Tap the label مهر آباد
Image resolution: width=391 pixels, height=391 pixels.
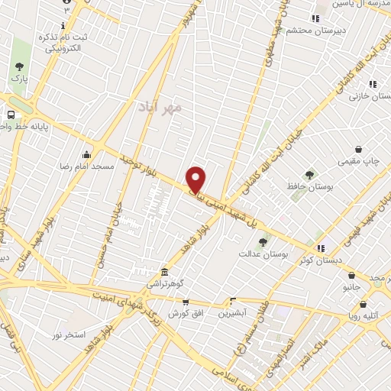pyautogui.click(x=159, y=108)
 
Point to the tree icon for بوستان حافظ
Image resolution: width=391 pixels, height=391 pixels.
pyautogui.click(x=309, y=175)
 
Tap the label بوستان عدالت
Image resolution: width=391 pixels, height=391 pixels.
pyautogui.click(x=263, y=254)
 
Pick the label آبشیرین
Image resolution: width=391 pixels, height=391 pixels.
pyautogui.click(x=232, y=313)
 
